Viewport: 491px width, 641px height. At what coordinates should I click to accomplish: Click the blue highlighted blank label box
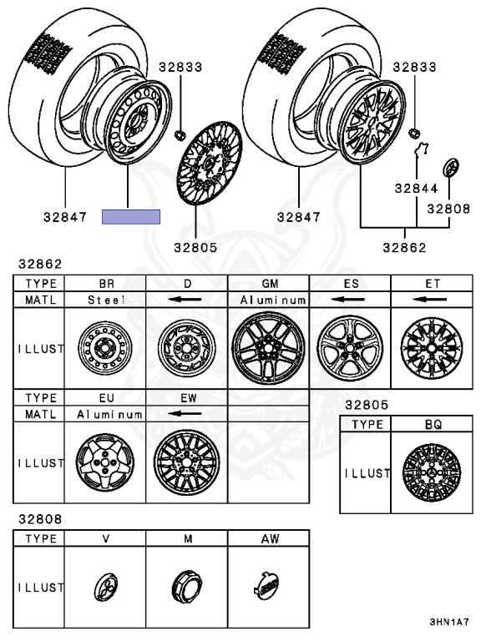(x=131, y=217)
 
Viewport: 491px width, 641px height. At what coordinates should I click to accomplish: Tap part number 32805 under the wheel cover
(x=195, y=247)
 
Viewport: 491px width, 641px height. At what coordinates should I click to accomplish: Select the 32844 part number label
(x=416, y=188)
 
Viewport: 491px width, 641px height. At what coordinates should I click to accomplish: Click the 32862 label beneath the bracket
(x=405, y=247)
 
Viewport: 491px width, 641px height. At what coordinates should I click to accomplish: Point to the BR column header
(x=106, y=283)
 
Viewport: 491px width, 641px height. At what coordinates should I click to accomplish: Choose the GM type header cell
(x=270, y=283)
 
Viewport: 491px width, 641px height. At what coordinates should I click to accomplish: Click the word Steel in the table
(x=106, y=300)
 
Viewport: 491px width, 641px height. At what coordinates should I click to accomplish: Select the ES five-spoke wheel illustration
(x=350, y=348)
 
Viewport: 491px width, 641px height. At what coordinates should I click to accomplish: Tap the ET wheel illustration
(x=432, y=348)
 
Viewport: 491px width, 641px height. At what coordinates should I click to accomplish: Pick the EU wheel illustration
(x=104, y=462)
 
